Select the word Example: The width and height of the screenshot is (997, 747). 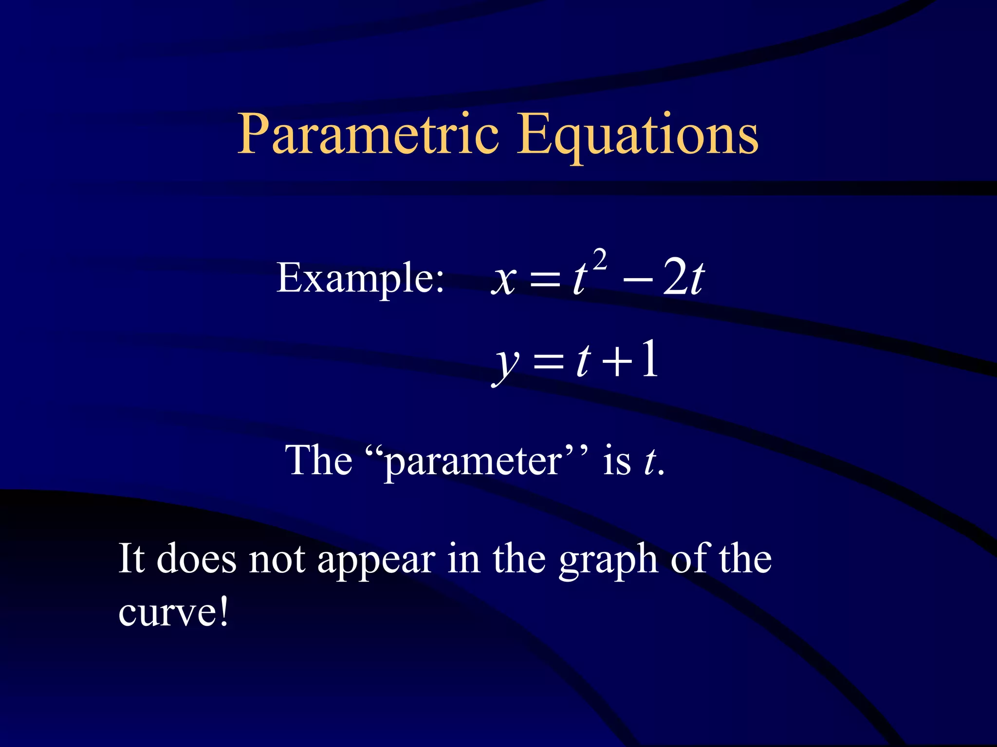click(360, 278)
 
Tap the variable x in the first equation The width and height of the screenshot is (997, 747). click(503, 280)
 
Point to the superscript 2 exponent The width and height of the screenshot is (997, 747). click(600, 260)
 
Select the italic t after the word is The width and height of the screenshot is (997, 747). click(649, 461)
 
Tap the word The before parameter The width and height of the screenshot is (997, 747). click(318, 460)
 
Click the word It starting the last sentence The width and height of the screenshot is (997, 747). click(131, 558)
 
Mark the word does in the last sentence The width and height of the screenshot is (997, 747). click(197, 559)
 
